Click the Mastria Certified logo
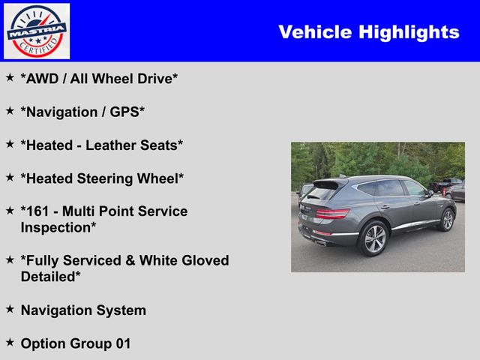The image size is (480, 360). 37,31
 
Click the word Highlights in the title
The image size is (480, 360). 409,32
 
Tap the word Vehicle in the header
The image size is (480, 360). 315,31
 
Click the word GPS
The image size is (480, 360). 124,112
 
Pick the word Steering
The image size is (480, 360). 105,178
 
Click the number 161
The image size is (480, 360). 37,211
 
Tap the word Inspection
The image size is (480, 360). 56,228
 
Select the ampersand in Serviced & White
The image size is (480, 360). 130,261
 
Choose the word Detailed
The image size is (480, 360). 48,277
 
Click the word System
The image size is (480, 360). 121,310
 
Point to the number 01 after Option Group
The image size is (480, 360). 123,343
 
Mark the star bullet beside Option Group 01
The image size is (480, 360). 10,342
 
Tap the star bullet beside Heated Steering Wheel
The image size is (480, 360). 10,177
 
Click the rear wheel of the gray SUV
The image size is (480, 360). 373,238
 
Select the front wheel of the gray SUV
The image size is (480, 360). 447,220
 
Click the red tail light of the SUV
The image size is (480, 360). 332,213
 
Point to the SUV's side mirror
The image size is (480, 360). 430,193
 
